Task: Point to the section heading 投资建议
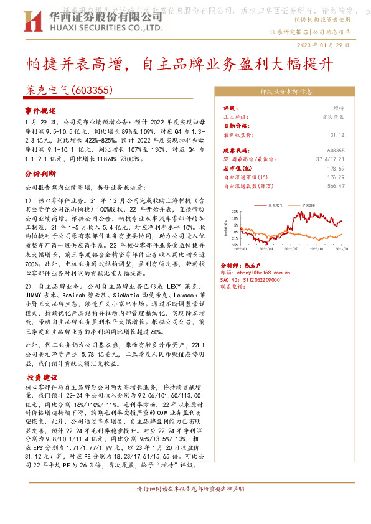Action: pos(42,378)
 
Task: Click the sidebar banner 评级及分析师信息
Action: pos(286,91)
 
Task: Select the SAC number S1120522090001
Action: pos(257,280)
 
